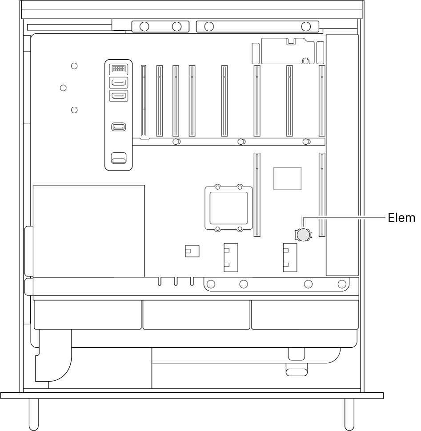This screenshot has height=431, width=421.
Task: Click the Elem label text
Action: point(401,218)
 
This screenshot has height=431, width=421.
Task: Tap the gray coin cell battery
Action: point(303,235)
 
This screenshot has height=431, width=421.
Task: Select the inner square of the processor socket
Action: point(229,208)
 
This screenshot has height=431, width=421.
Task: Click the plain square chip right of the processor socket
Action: point(287,179)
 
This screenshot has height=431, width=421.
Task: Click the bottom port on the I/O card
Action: point(119,158)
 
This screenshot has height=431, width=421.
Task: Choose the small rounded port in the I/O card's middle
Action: point(119,127)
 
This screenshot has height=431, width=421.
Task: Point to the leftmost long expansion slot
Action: point(143,101)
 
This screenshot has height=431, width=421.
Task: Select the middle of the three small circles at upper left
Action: point(63,88)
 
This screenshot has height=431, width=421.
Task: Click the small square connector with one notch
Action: point(192,251)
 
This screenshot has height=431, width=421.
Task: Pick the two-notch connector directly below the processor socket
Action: point(231,257)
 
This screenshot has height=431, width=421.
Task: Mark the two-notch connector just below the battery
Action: point(290,257)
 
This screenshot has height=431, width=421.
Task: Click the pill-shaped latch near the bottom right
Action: point(297,372)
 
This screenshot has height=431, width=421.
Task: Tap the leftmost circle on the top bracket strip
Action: point(144,27)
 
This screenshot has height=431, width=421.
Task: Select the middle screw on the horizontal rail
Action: point(241,142)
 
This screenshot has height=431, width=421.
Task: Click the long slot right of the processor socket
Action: point(257,195)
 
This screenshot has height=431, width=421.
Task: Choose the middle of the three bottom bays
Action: point(196,315)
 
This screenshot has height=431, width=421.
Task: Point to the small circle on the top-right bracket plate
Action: point(305,61)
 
